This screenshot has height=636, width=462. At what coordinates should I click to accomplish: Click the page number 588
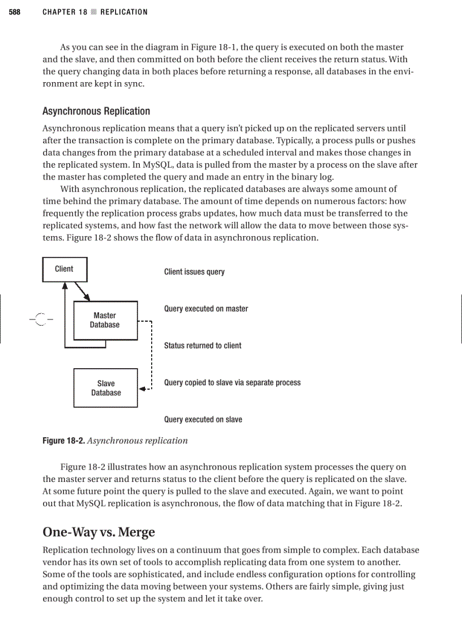point(15,12)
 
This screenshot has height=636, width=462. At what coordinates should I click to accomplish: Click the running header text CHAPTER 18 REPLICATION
point(95,12)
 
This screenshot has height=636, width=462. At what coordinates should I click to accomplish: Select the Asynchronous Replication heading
point(96,111)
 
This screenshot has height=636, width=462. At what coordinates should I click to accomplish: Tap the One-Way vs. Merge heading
point(99,532)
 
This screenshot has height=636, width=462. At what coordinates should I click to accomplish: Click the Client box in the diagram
point(65,269)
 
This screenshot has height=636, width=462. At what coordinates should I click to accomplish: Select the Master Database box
point(105,320)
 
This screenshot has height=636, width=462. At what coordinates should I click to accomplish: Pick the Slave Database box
point(106,388)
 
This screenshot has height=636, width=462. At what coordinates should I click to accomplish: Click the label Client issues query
point(194,272)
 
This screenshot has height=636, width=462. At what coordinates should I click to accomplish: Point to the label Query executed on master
point(206,309)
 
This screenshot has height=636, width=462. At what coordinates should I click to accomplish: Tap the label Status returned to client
point(203,345)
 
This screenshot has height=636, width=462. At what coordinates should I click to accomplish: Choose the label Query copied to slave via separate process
point(232,382)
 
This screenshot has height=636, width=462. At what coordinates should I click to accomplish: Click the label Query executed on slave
point(203,420)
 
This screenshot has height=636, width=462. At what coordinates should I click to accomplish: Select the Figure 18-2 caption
point(115,441)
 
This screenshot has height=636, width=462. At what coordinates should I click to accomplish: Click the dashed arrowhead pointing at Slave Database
point(143,389)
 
